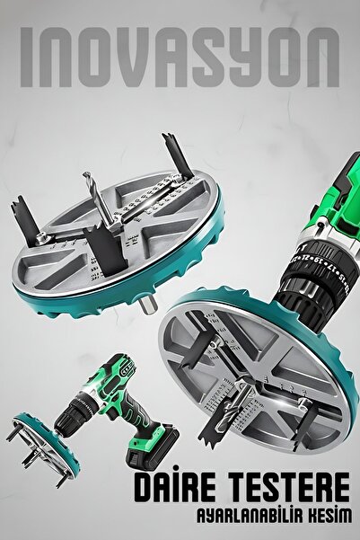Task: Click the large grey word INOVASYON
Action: [180, 58]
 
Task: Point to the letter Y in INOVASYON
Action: [245, 58]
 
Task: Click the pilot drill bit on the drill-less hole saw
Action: [99, 199]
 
